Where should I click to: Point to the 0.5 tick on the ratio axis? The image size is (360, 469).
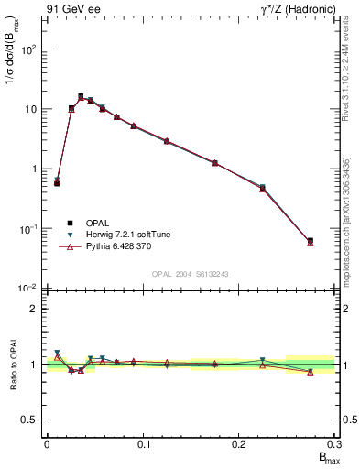click(32, 420)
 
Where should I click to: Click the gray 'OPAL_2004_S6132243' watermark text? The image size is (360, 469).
click(191, 275)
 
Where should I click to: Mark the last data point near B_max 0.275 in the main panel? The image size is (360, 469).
click(311, 241)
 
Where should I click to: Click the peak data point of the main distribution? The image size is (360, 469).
click(81, 96)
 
